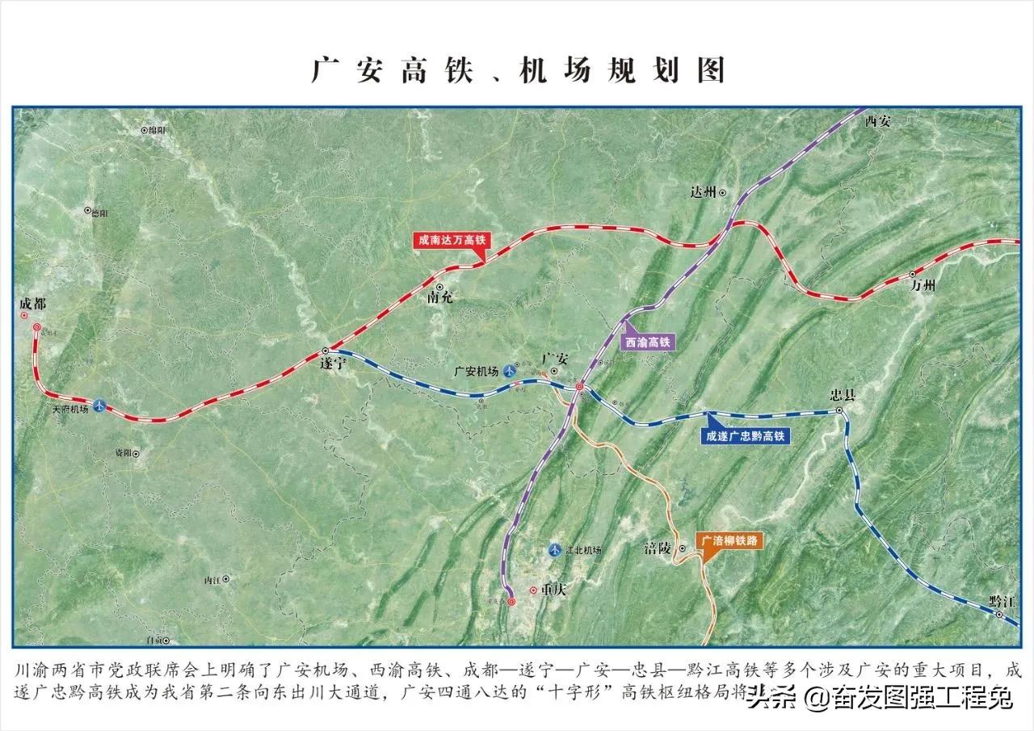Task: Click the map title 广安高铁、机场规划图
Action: (517, 70)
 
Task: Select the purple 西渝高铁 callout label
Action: (649, 342)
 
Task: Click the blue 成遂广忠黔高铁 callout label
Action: (746, 435)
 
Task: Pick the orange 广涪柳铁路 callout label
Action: (730, 540)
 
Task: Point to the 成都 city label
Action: (33, 305)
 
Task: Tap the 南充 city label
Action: (440, 297)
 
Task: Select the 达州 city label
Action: (704, 192)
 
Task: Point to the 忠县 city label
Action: (843, 396)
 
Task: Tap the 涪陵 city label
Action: (658, 548)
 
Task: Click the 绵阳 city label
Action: (157, 129)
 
